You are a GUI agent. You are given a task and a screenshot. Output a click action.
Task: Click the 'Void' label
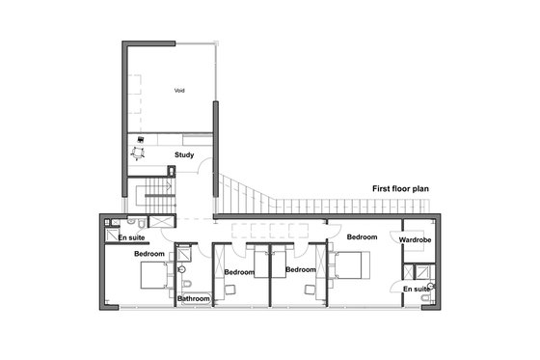[179, 91]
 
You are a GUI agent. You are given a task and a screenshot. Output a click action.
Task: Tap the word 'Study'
[184, 154]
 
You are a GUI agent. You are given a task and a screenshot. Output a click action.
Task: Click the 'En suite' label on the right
[417, 289]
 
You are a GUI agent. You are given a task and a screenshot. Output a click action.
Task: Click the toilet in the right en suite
[426, 298]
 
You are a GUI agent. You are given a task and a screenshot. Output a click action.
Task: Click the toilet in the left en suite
[108, 235]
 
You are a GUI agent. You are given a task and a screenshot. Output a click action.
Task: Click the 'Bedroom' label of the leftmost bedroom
[149, 254]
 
